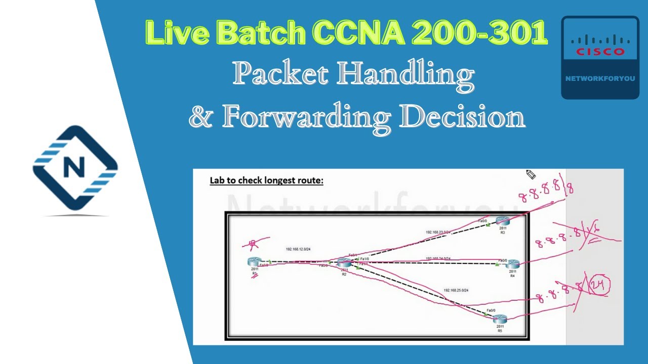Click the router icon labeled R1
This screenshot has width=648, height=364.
tap(254, 261)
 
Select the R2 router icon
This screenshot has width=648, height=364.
tap(344, 262)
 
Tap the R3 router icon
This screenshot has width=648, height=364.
tap(502, 220)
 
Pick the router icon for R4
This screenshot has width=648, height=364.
tap(512, 263)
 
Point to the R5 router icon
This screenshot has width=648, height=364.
tap(500, 318)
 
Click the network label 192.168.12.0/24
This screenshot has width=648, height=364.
tap(298, 249)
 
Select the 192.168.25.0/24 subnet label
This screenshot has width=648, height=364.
tap(456, 290)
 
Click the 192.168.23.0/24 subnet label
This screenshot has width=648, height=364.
tap(438, 232)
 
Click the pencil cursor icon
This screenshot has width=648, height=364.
tap(531, 174)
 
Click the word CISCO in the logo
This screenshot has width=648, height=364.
tap(600, 52)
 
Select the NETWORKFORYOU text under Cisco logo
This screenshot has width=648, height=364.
tap(600, 79)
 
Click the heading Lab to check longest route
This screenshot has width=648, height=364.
tap(266, 180)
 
